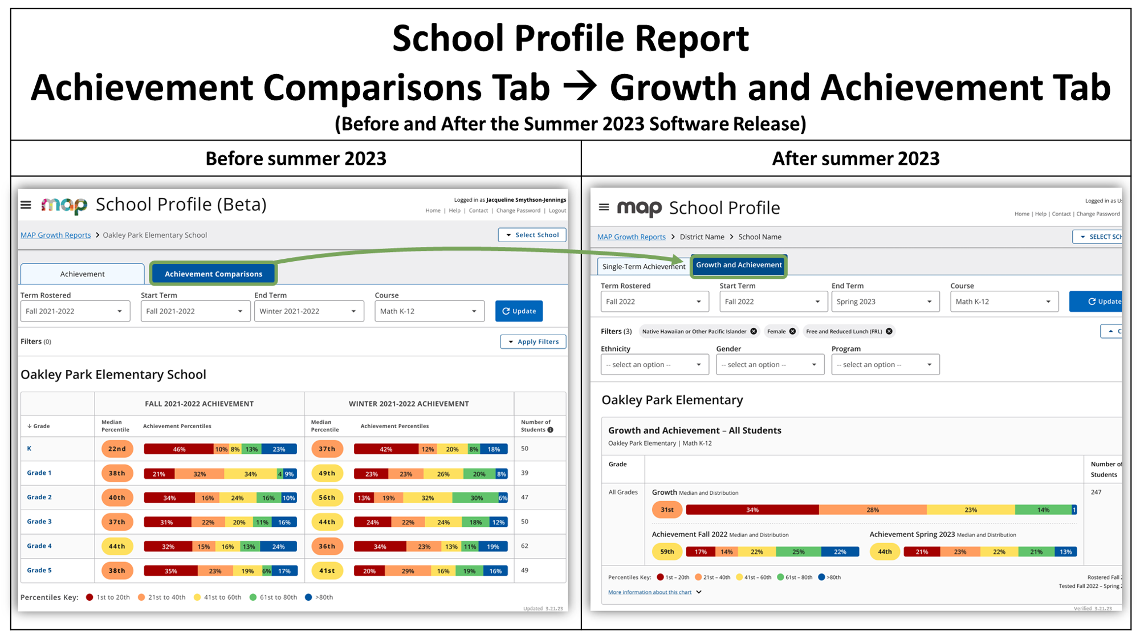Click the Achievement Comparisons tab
[x=213, y=274]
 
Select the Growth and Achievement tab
[x=739, y=265]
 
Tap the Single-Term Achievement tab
[x=644, y=266]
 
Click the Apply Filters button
[x=533, y=341]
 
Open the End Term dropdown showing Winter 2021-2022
[x=308, y=311]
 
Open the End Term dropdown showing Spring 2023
[x=884, y=302]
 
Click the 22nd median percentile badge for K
[x=117, y=449]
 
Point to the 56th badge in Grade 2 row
[x=327, y=498]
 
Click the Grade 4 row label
[x=39, y=546]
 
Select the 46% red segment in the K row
[x=178, y=449]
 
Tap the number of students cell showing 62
[x=524, y=546]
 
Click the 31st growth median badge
[x=667, y=510]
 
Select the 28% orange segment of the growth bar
[x=872, y=510]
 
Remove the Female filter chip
[x=792, y=331]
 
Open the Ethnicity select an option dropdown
[x=654, y=365]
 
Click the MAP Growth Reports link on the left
[x=55, y=235]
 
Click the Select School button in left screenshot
[x=532, y=235]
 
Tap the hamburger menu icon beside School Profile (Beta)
[x=26, y=205]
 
